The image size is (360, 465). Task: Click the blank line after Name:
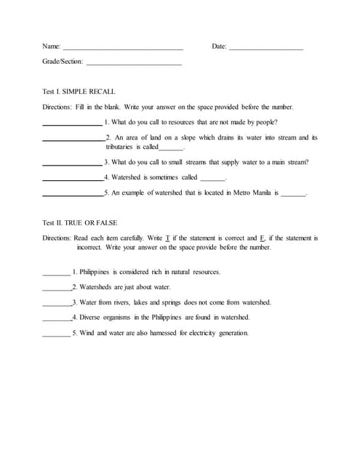tap(123, 48)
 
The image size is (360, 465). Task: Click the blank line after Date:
tap(265, 48)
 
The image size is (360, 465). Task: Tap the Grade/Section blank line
tap(134, 64)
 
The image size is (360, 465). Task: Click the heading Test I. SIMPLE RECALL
tap(76, 92)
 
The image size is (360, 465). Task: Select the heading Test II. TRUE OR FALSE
tap(81, 222)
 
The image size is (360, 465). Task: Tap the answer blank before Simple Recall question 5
tap(72, 195)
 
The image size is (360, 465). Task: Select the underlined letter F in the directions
tap(261, 238)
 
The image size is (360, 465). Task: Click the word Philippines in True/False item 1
tap(98, 272)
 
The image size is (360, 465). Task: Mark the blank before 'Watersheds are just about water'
tap(56, 288)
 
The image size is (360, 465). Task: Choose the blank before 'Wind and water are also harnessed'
tap(56, 334)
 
